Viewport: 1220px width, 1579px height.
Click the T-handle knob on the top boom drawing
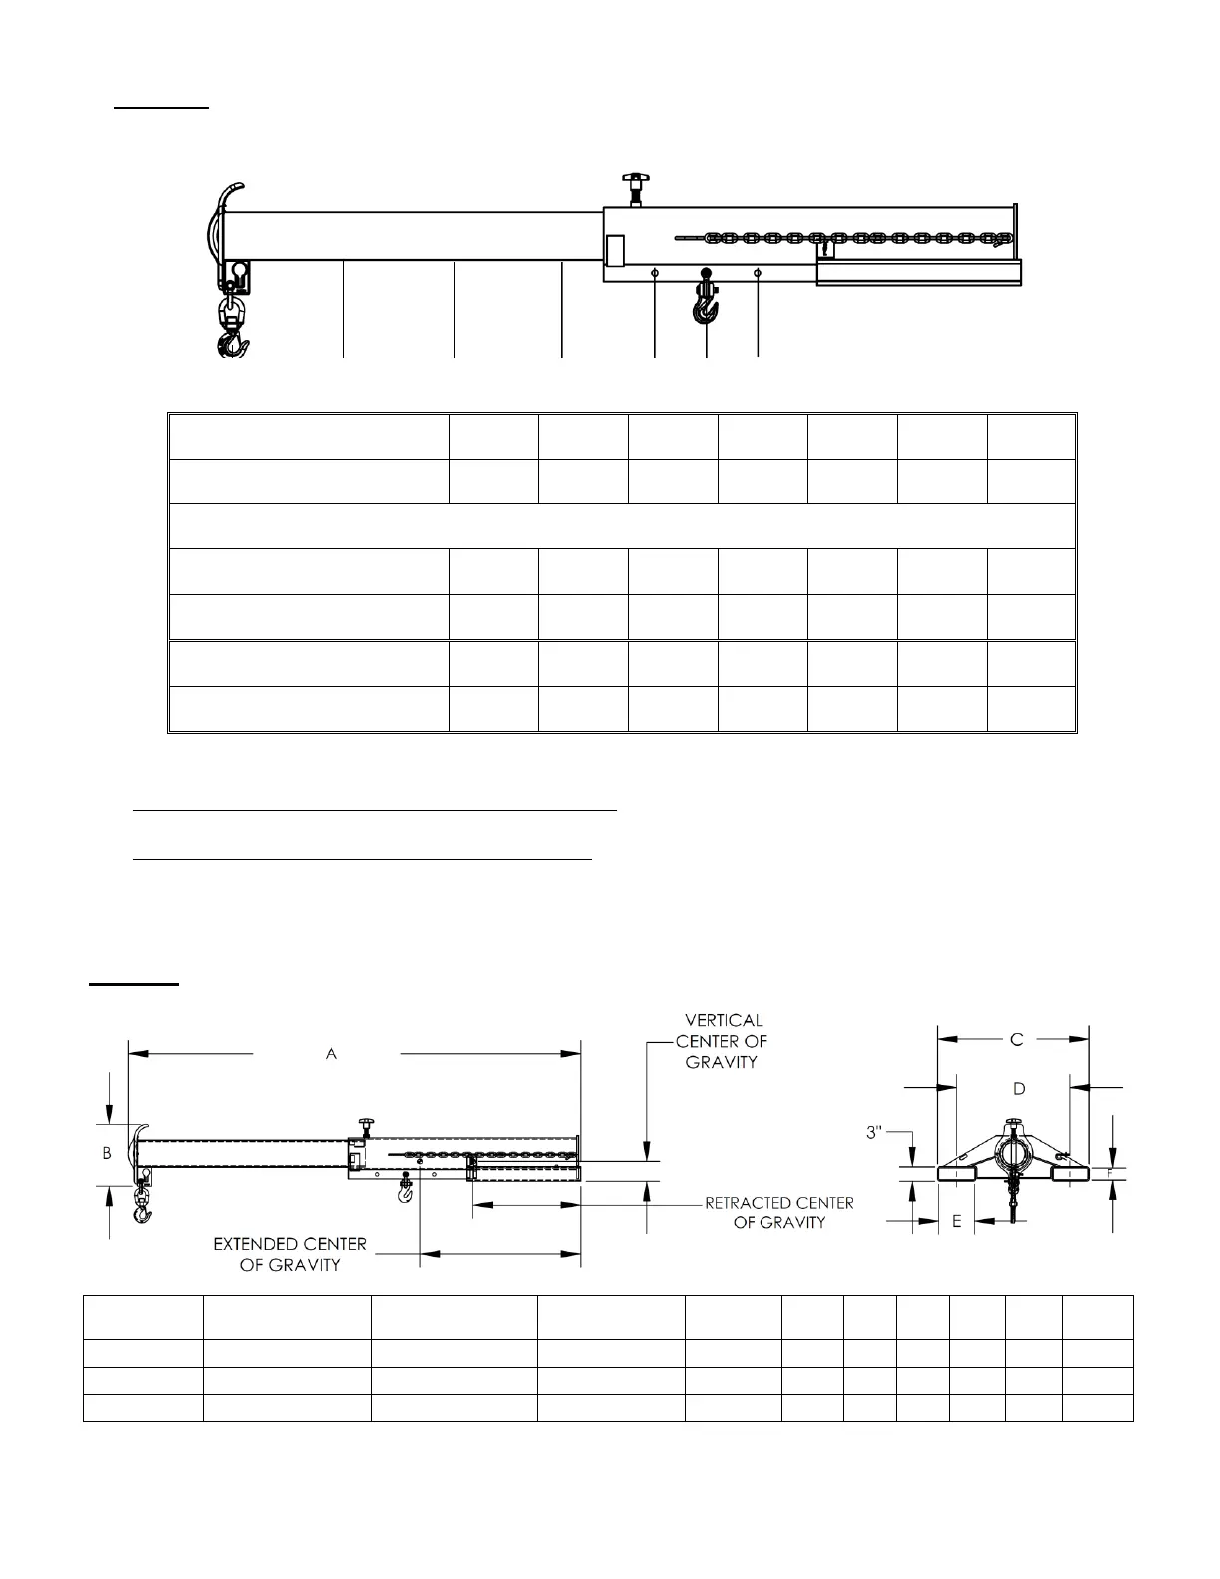coord(631,184)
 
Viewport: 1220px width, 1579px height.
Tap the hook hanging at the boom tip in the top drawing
coord(234,334)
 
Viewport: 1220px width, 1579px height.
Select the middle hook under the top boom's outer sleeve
coord(706,304)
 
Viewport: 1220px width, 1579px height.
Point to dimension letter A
coord(331,1053)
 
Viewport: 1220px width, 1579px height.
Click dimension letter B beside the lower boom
coord(107,1153)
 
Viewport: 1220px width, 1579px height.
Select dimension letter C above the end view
coord(1016,1039)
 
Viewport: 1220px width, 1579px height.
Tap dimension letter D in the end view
coord(1019,1088)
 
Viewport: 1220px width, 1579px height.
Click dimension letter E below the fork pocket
coord(956,1221)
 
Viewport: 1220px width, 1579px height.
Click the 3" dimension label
coord(875,1132)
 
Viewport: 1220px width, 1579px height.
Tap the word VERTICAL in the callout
coord(724,1020)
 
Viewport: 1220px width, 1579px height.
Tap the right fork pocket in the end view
coord(1071,1174)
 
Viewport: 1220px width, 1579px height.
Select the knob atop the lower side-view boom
coord(363,1126)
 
